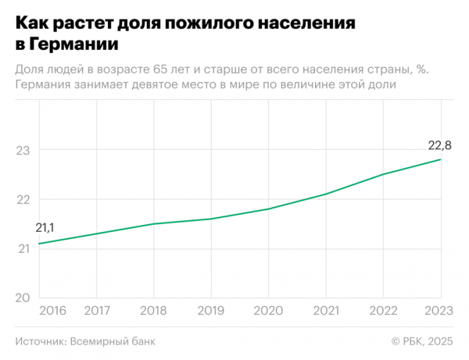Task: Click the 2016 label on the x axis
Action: (52, 311)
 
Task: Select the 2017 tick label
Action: (96, 311)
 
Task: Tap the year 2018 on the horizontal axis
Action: (153, 311)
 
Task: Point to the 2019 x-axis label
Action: (211, 311)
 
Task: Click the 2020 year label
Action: (268, 311)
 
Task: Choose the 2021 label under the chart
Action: (326, 311)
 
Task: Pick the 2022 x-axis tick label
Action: (383, 311)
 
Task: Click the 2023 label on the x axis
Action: (439, 311)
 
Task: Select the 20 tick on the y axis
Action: (23, 298)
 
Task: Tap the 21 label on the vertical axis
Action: (23, 248)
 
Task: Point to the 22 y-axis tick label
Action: (23, 199)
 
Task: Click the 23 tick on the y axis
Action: (23, 150)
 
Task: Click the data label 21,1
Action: (45, 228)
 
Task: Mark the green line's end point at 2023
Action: (441, 159)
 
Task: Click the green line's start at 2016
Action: (39, 244)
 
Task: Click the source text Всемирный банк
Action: (113, 341)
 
